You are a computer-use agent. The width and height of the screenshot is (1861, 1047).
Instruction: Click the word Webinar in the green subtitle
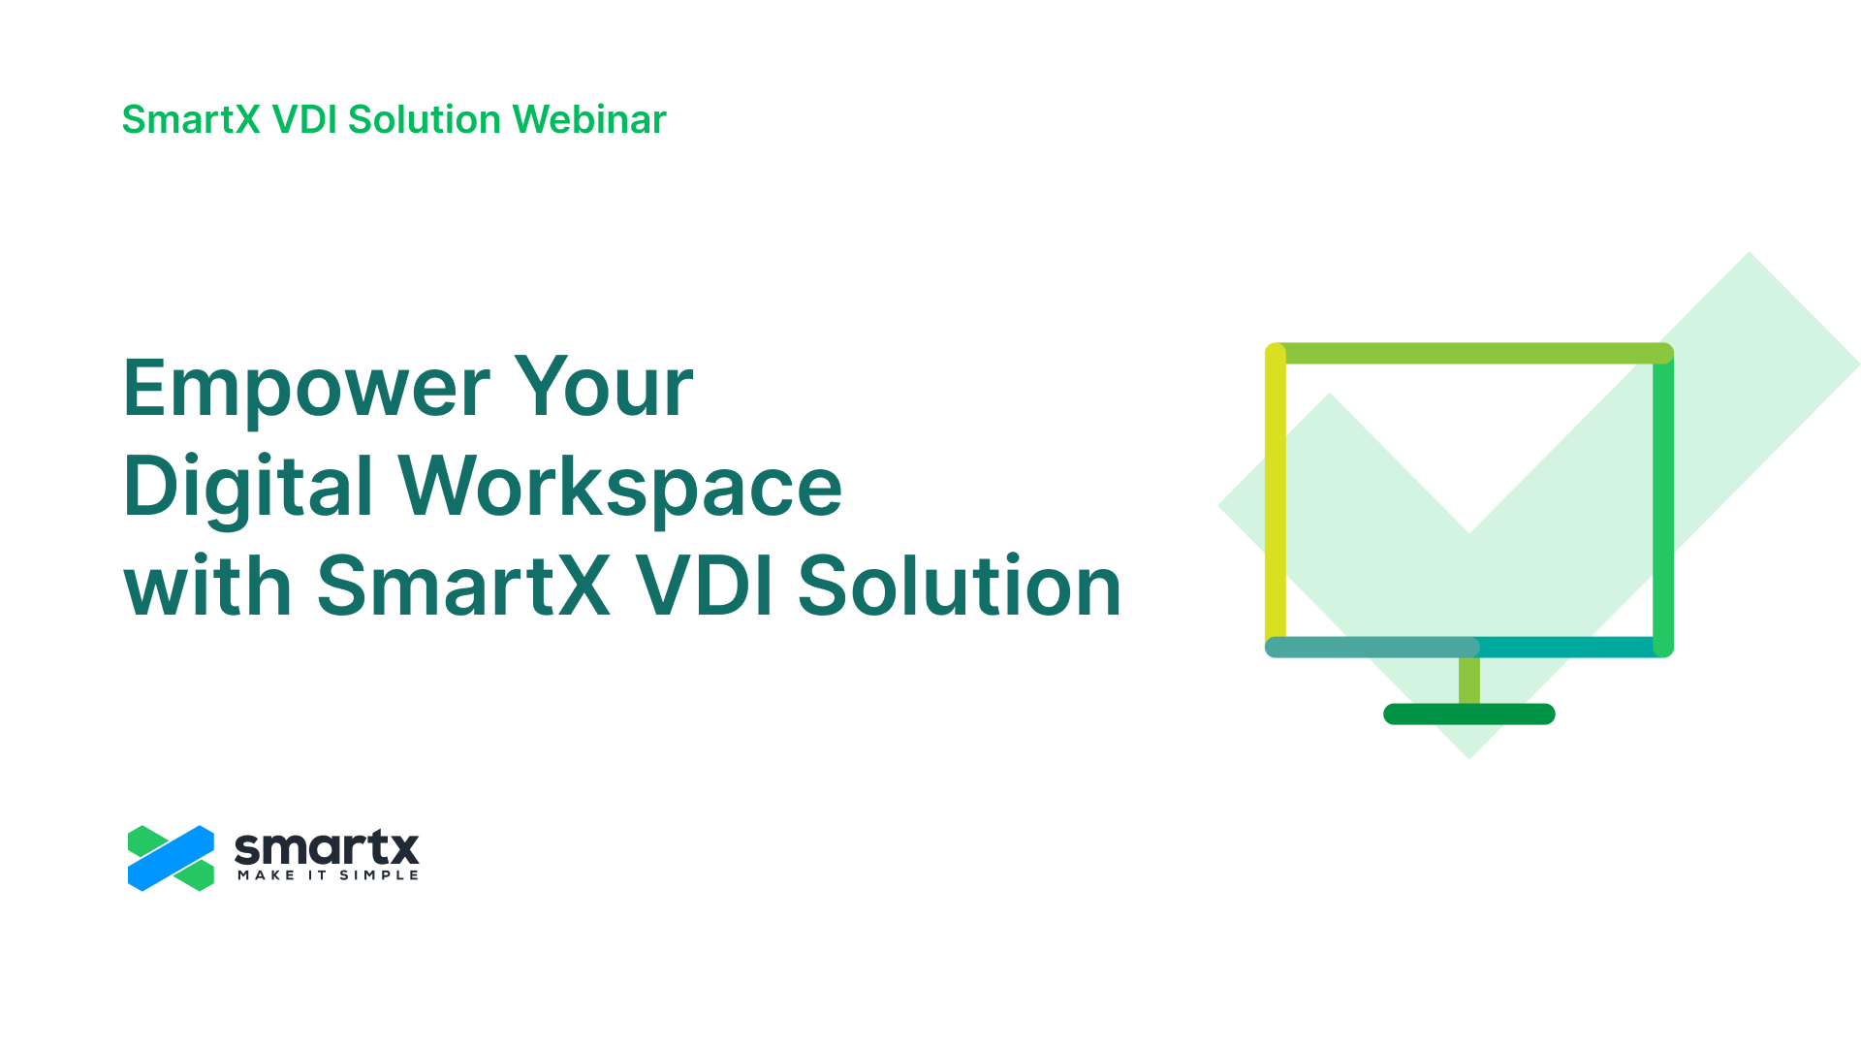pyautogui.click(x=589, y=119)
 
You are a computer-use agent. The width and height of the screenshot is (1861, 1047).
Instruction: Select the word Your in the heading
pyautogui.click(x=604, y=386)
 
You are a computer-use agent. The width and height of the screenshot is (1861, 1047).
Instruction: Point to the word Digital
pyautogui.click(x=248, y=488)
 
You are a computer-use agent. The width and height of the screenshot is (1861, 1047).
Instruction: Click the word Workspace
pyautogui.click(x=620, y=488)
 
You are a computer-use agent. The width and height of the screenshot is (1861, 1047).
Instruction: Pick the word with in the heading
pyautogui.click(x=207, y=585)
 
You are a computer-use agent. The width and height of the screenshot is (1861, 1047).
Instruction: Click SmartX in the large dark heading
pyautogui.click(x=463, y=585)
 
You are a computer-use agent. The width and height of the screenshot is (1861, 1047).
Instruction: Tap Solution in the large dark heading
pyautogui.click(x=960, y=585)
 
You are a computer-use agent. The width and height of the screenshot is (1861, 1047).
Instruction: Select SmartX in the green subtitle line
pyautogui.click(x=191, y=119)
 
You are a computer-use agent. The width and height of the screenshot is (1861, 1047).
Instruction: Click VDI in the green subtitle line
pyautogui.click(x=304, y=119)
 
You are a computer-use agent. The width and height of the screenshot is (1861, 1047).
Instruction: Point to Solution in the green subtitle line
pyautogui.click(x=425, y=119)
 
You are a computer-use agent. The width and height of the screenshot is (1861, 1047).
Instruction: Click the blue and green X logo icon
pyautogui.click(x=171, y=858)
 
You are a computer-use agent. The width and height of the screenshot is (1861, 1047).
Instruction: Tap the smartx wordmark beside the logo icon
pyautogui.click(x=327, y=848)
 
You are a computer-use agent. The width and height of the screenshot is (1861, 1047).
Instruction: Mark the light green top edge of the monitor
pyautogui.click(x=1469, y=353)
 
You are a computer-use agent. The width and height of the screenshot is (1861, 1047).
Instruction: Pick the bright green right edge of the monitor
pyautogui.click(x=1663, y=504)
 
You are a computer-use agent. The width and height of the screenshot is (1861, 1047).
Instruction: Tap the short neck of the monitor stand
pyautogui.click(x=1469, y=681)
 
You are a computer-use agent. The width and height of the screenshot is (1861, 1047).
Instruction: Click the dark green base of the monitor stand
pyautogui.click(x=1469, y=714)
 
